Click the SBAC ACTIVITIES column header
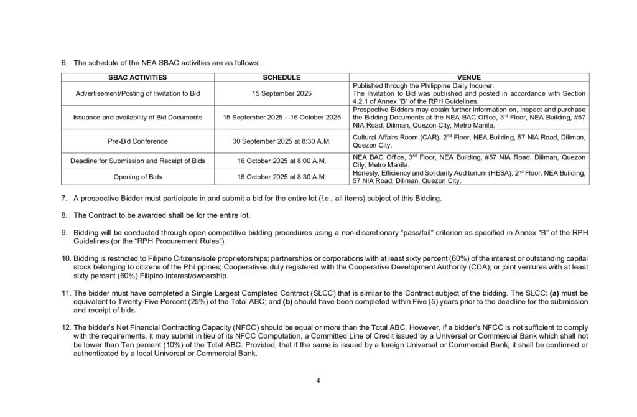pyautogui.click(x=136, y=77)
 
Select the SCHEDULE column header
pyautogui.click(x=282, y=77)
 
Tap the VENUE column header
pyautogui.click(x=468, y=77)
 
